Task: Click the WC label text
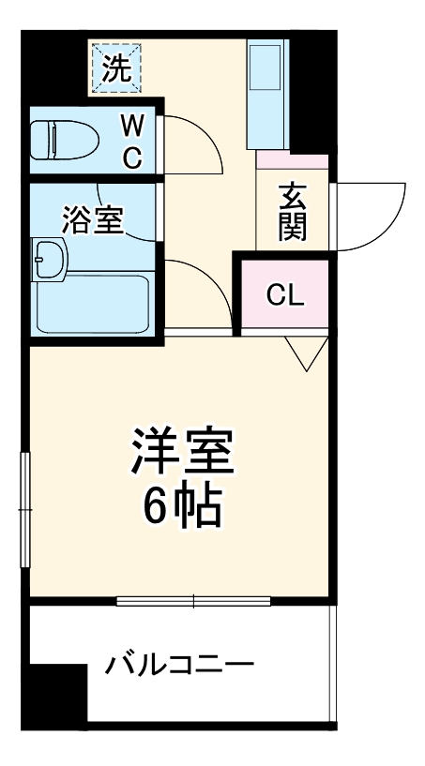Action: [x=133, y=141]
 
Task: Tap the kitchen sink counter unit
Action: [x=267, y=94]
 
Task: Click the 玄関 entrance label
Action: [x=293, y=214]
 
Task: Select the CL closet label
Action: [x=285, y=295]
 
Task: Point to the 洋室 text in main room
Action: [x=182, y=454]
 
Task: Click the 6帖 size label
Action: [x=182, y=506]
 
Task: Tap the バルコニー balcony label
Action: [x=178, y=667]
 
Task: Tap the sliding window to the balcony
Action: [x=194, y=600]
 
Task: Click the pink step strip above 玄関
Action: [x=293, y=161]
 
